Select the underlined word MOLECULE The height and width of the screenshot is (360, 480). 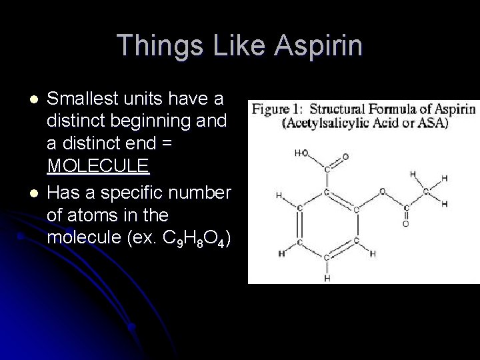(99, 163)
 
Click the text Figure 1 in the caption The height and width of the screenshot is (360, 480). (274, 109)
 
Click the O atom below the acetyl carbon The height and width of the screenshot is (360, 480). (405, 224)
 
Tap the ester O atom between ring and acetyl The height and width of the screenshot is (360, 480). (383, 191)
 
